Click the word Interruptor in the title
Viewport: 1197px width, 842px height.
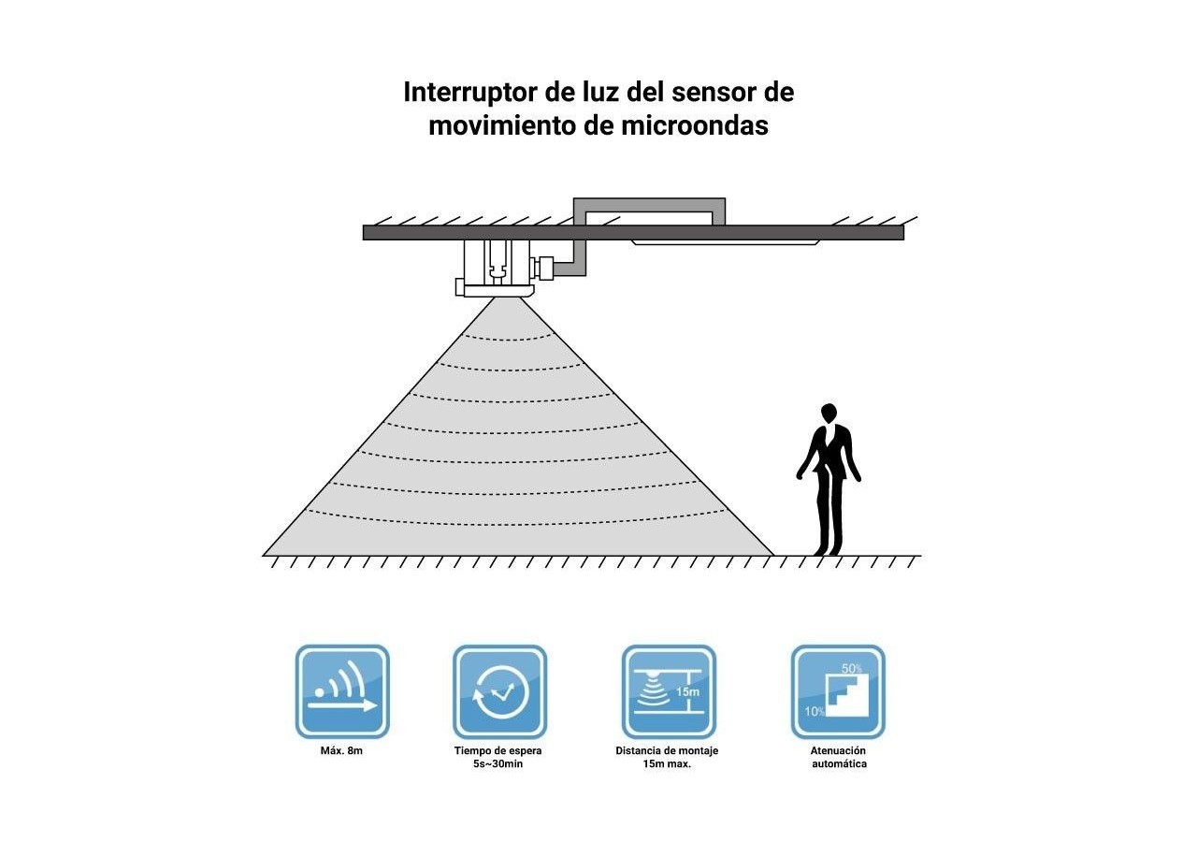click(470, 93)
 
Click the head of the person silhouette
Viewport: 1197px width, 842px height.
click(829, 414)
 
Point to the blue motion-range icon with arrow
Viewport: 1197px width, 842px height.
click(342, 691)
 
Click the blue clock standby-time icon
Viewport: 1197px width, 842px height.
click(499, 691)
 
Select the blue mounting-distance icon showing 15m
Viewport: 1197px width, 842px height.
click(669, 691)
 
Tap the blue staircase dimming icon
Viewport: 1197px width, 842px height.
click(838, 691)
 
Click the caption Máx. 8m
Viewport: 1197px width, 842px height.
click(341, 750)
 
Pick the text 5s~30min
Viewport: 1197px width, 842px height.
click(498, 764)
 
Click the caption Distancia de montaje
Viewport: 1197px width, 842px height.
click(667, 750)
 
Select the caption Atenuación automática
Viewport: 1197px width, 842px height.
click(839, 757)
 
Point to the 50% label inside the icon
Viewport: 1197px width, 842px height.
click(852, 668)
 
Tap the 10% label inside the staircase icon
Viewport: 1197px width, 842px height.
click(815, 712)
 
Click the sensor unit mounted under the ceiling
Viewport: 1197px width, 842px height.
click(496, 268)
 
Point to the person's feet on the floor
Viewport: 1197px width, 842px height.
click(828, 551)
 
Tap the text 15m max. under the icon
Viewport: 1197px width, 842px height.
click(667, 764)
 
